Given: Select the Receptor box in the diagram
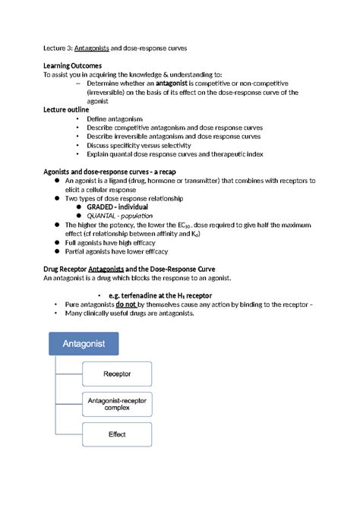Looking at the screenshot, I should click(x=116, y=374).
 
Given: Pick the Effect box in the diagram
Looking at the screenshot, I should click(x=116, y=434).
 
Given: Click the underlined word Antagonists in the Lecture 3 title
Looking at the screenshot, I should click(x=94, y=48).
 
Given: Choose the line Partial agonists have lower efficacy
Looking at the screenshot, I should click(x=116, y=251).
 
